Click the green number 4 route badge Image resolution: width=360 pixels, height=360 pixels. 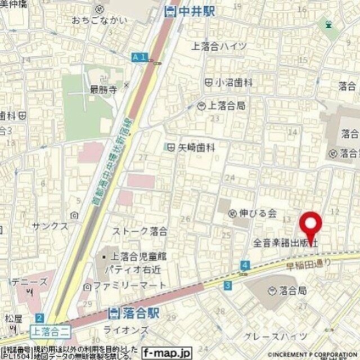[x=245, y=264]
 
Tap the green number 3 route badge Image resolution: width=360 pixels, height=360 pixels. [x=227, y=286]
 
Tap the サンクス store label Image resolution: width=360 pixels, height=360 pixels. [x=50, y=226]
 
